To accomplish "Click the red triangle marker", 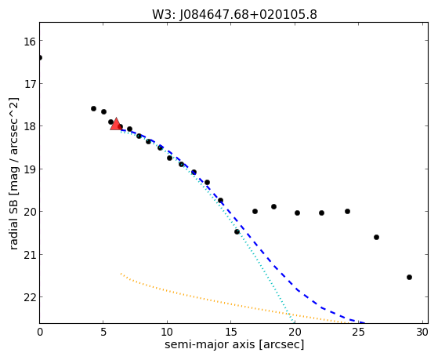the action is (x=116, y=124).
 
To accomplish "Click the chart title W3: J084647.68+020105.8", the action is (x=234, y=14).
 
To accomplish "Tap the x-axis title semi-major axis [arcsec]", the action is (x=234, y=344).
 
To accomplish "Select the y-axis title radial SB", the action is (x=13, y=221).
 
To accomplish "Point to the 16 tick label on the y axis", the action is (x=30, y=41).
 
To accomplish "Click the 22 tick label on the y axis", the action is (x=30, y=297).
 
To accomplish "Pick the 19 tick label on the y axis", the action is (x=30, y=169).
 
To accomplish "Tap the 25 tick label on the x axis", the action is (x=358, y=332).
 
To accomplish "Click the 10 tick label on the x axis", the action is (x=167, y=332).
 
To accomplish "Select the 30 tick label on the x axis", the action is (x=422, y=332).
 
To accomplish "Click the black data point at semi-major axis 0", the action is (x=40, y=57).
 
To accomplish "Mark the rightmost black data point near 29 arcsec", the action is (x=409, y=277).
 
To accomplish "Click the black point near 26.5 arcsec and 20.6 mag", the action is (x=376, y=237).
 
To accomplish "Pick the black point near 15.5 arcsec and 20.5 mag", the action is (x=237, y=231).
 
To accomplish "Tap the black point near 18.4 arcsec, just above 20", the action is (x=273, y=207).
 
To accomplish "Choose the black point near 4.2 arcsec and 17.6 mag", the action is (x=93, y=108).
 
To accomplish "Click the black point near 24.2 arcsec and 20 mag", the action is (x=347, y=211).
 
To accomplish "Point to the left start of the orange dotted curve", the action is (x=121, y=273).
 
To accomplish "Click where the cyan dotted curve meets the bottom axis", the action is (x=293, y=322).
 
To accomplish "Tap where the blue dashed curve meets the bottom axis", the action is (x=364, y=323).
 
